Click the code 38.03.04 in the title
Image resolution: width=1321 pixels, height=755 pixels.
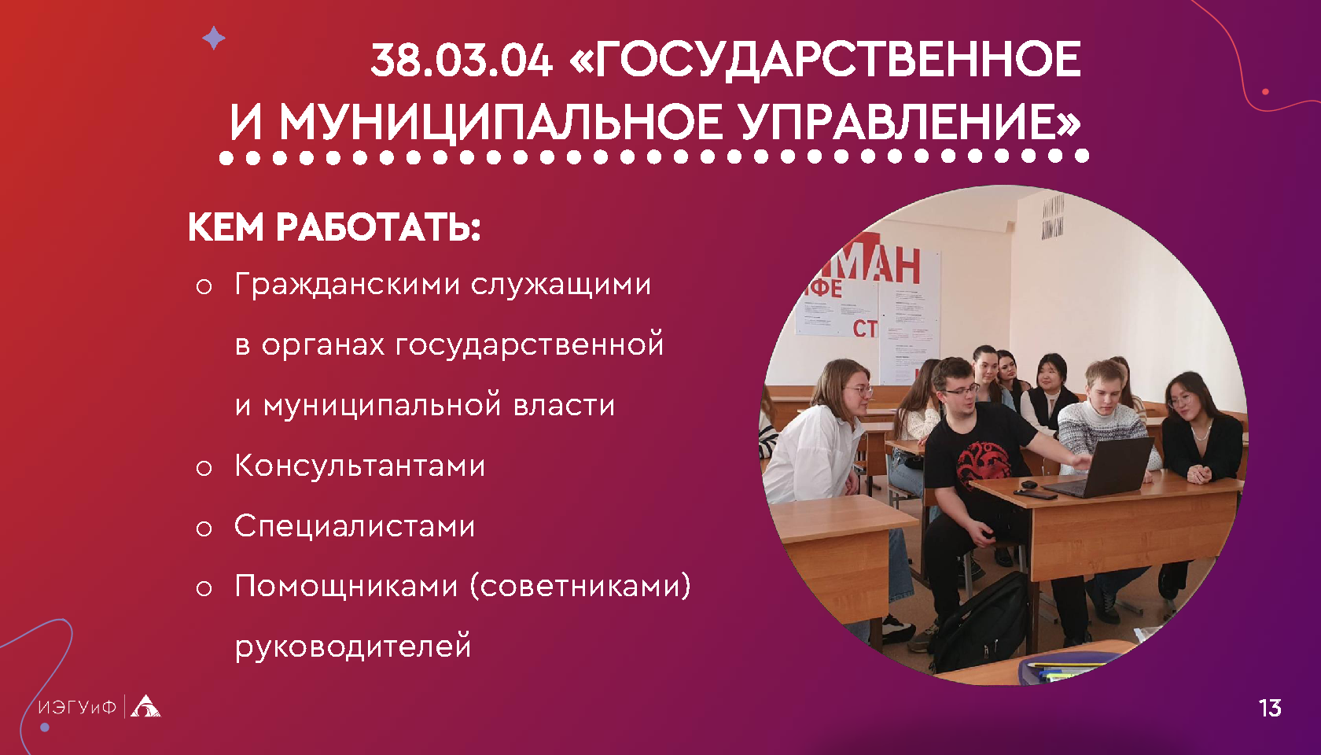(x=461, y=60)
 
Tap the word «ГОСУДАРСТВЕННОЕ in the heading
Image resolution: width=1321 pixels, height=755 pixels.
(x=825, y=60)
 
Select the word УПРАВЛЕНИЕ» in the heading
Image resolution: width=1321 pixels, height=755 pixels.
(x=911, y=122)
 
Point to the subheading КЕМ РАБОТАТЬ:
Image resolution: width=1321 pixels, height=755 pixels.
(x=334, y=227)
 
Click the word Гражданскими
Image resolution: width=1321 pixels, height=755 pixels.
(x=348, y=285)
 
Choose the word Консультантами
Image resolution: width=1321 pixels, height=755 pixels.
(x=360, y=465)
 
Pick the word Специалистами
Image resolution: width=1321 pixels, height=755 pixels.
(x=355, y=526)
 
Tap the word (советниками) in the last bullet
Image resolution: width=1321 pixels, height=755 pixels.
(x=580, y=586)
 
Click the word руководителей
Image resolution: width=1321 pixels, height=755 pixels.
(x=353, y=647)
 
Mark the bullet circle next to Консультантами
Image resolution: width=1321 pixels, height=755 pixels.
(x=204, y=469)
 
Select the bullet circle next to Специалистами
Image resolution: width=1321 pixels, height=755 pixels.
(x=204, y=528)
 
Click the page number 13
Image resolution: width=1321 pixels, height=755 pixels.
(x=1270, y=708)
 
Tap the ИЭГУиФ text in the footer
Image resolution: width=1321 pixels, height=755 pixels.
(x=77, y=707)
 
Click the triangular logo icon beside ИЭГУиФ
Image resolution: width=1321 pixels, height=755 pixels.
(x=145, y=706)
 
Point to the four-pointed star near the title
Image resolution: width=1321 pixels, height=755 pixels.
(x=214, y=39)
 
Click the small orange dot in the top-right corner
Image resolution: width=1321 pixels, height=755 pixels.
(x=1265, y=92)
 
